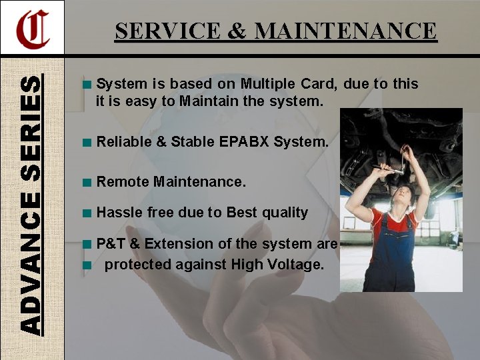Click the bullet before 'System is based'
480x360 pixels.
(87, 85)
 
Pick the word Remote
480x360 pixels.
(123, 181)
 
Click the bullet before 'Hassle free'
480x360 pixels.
(87, 213)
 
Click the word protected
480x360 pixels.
(139, 264)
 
